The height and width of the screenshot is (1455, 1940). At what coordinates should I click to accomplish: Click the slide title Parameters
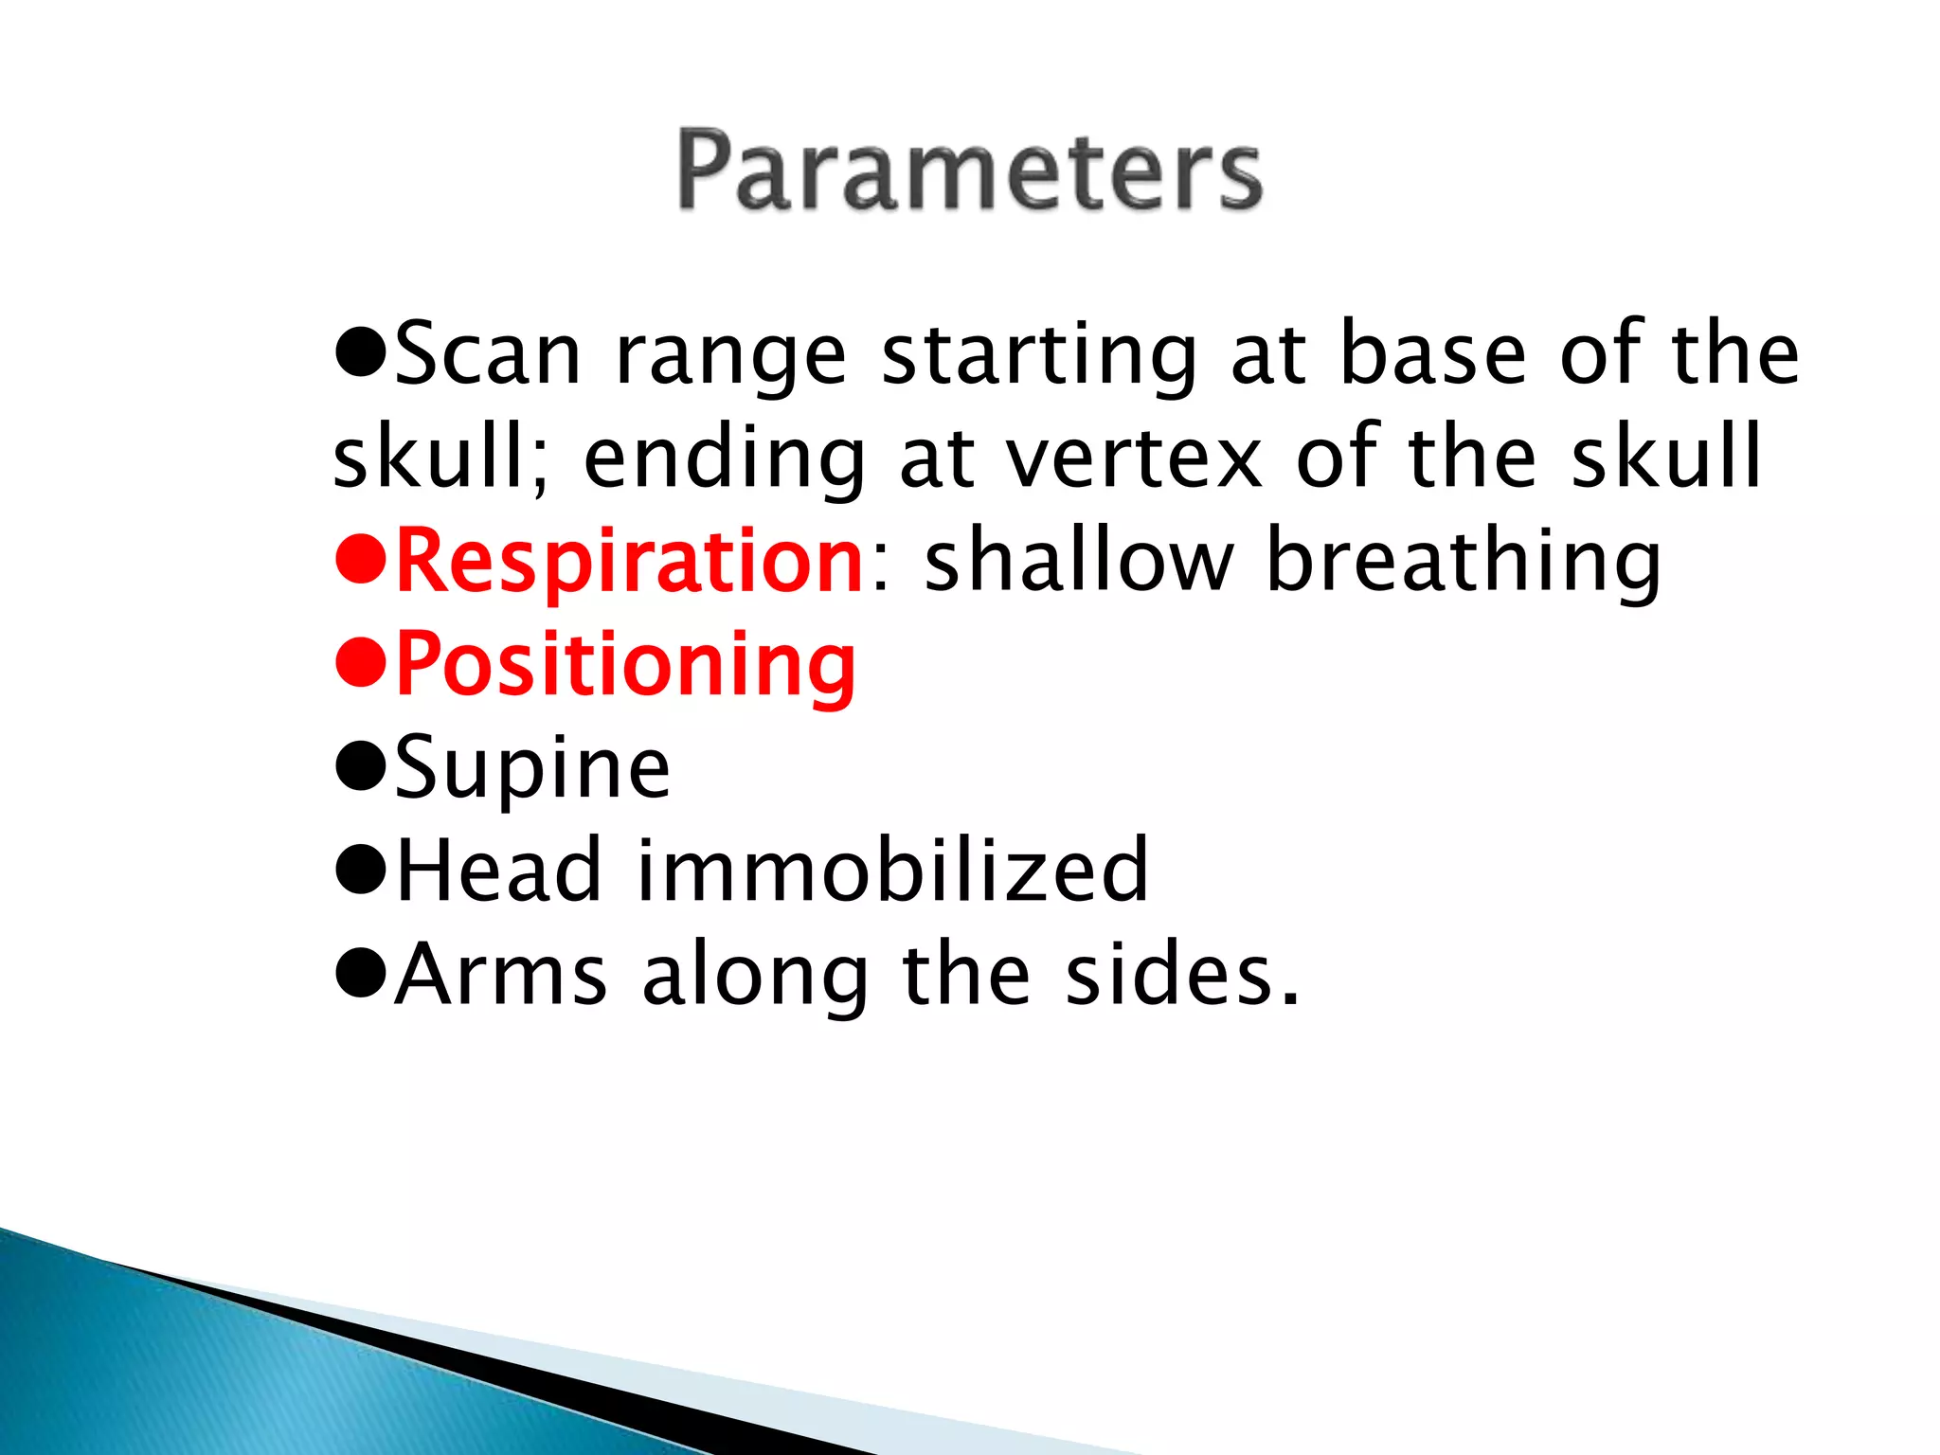tap(969, 171)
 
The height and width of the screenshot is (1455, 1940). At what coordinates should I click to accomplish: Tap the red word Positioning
tap(625, 665)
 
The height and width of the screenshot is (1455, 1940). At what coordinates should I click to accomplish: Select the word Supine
tap(532, 768)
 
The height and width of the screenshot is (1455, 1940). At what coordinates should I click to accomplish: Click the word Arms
tap(500, 975)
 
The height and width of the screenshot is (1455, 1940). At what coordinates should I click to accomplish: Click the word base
tap(1433, 354)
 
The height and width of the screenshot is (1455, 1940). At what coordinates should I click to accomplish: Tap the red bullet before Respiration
tap(361, 564)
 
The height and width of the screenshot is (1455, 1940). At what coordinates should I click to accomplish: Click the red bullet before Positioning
tap(361, 667)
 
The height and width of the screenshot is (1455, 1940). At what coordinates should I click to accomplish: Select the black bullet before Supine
tap(361, 770)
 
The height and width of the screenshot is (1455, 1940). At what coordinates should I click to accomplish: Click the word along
tap(755, 975)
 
